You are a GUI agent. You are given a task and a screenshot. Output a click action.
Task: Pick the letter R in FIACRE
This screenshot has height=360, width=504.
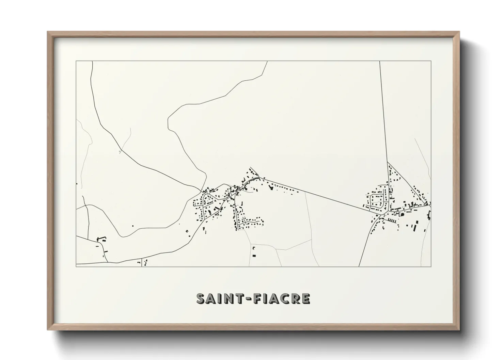296,299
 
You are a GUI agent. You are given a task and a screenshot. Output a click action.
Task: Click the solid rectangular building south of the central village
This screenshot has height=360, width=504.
254,255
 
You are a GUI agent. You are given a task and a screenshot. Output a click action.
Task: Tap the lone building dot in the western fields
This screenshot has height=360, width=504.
133,226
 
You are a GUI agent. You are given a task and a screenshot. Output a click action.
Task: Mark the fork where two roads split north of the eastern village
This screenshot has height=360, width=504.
388,162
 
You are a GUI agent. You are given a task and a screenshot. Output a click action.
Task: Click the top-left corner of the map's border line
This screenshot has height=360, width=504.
76,61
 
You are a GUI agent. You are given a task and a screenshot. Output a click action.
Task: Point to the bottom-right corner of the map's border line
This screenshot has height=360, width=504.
431,266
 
